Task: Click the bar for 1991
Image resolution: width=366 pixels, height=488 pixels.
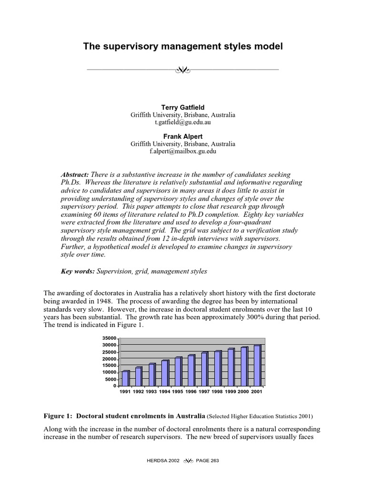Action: pyautogui.click(x=125, y=378)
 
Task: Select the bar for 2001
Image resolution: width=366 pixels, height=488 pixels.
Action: pyautogui.click(x=257, y=366)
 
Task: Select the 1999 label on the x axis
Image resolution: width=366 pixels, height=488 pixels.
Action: pyautogui.click(x=231, y=392)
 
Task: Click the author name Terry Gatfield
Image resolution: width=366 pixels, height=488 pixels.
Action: pyautogui.click(x=183, y=108)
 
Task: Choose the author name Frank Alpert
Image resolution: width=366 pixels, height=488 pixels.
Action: pyautogui.click(x=183, y=136)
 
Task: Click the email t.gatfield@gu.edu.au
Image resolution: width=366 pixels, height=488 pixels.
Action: pyautogui.click(x=183, y=122)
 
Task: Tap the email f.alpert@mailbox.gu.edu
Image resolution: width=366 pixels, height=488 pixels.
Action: pyautogui.click(x=183, y=151)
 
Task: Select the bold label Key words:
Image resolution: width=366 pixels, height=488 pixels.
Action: pyautogui.click(x=78, y=271)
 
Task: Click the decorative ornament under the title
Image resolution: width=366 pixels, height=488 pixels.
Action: pyautogui.click(x=183, y=71)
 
